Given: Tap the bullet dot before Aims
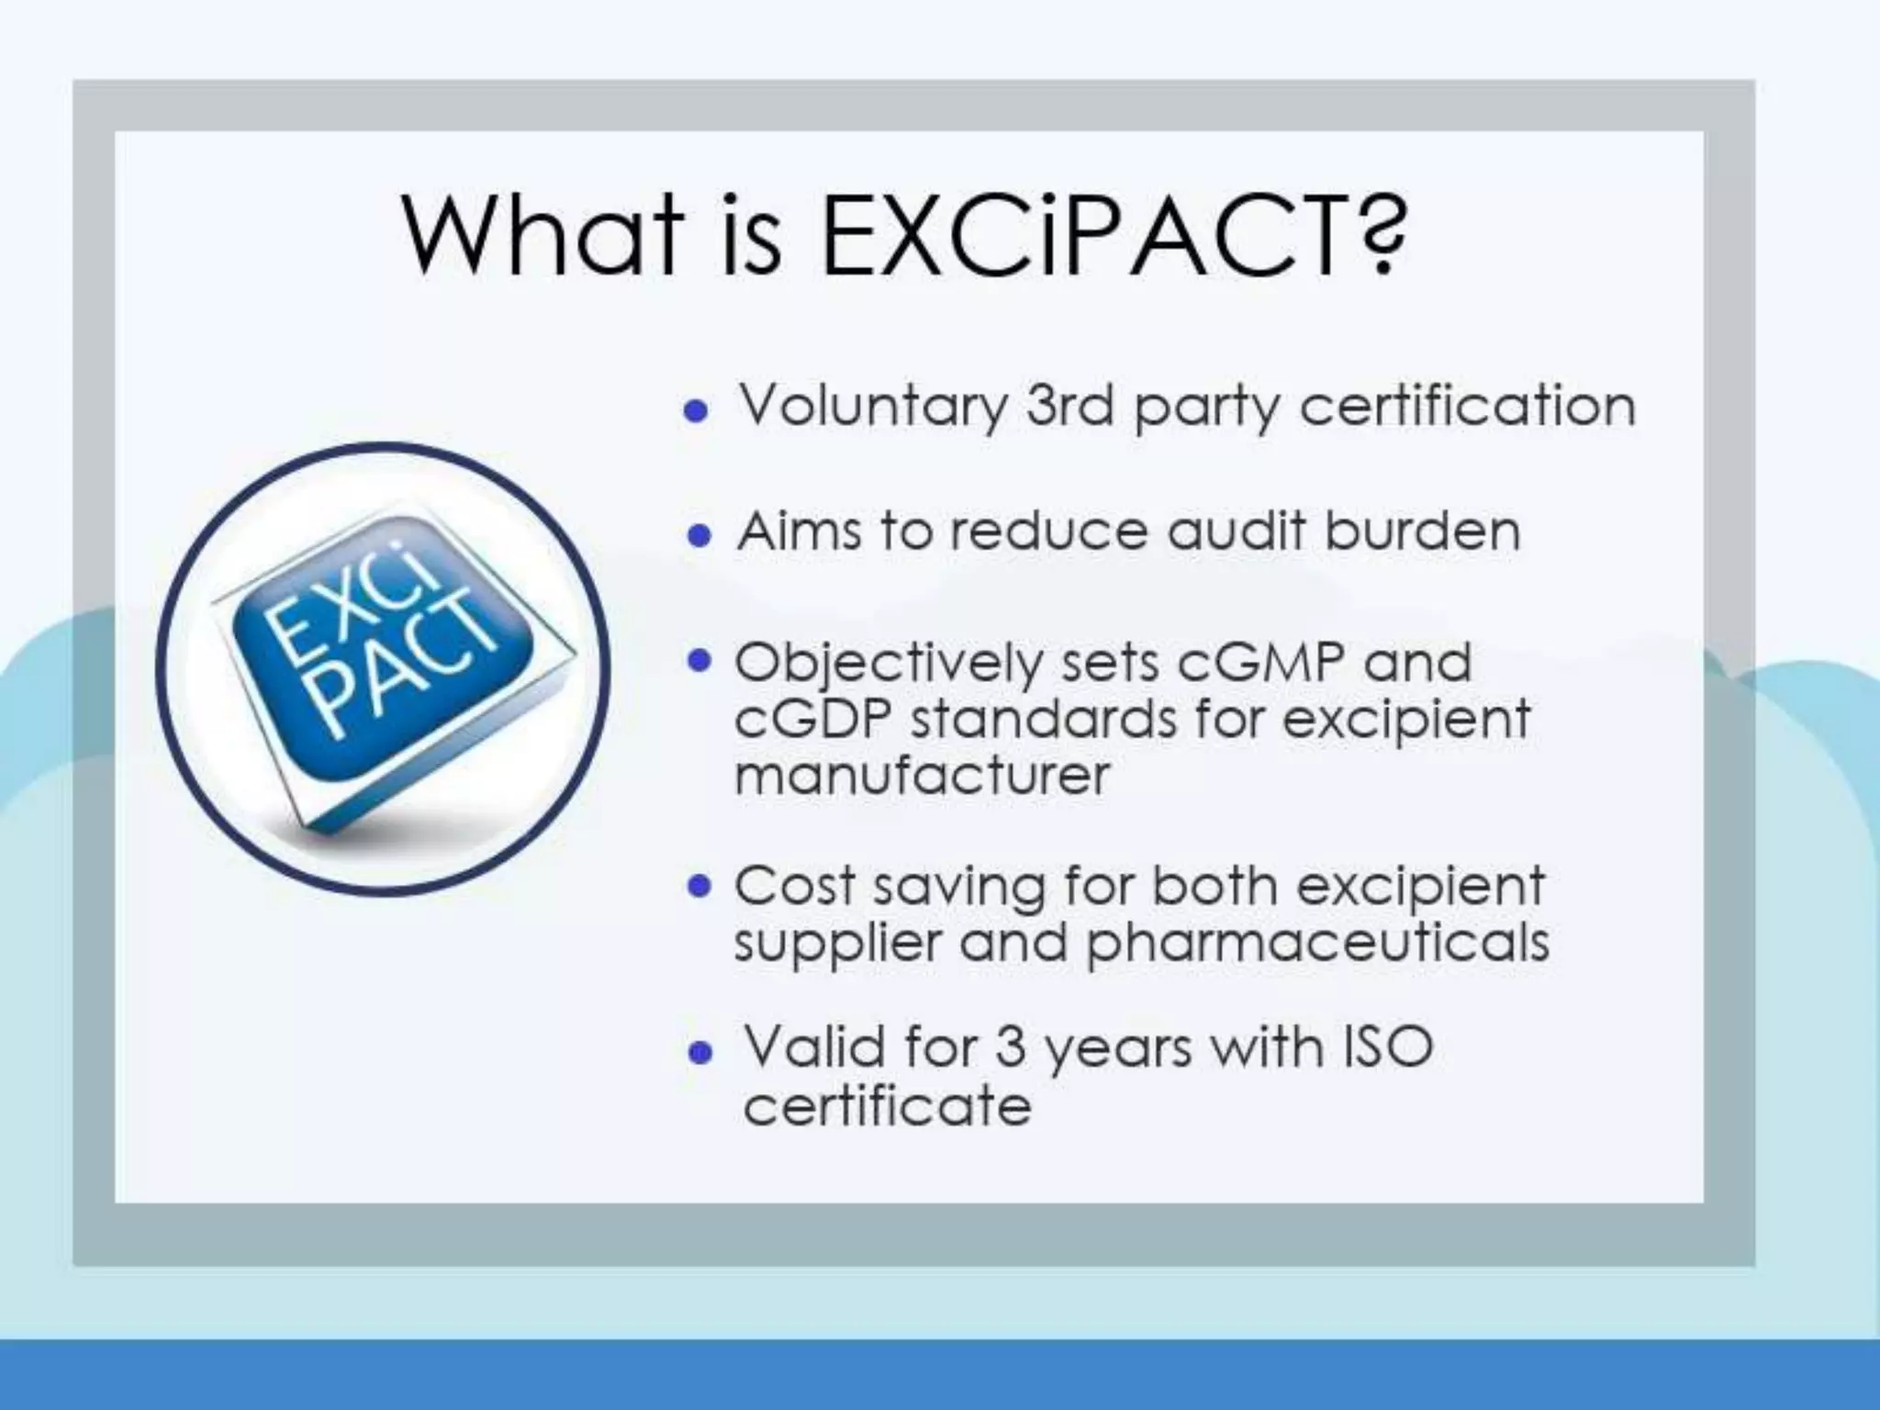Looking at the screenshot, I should tap(699, 535).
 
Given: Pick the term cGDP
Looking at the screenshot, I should tap(813, 719).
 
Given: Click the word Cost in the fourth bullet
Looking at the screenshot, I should tap(795, 887).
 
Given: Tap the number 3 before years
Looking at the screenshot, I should tap(1010, 1047).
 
